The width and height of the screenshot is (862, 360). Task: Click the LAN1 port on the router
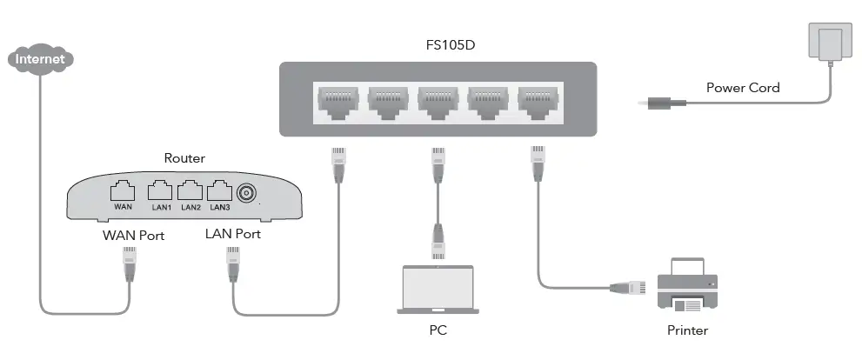[159, 191]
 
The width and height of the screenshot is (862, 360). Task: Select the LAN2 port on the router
[190, 191]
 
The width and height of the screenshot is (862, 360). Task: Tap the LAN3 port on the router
[219, 191]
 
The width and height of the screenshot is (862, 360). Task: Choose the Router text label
[184, 158]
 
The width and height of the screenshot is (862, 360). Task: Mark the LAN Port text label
[232, 235]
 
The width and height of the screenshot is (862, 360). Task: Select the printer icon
[687, 285]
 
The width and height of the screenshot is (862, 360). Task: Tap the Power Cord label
[742, 88]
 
